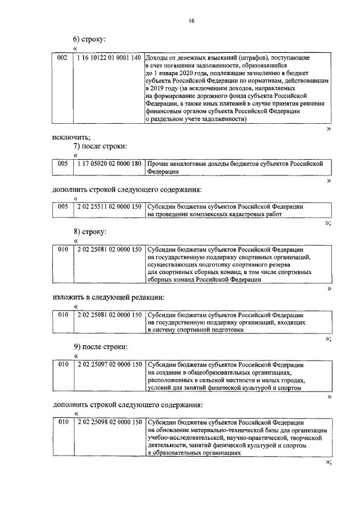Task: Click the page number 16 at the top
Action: point(191,21)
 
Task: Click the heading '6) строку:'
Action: point(89,39)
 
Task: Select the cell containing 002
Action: point(63,58)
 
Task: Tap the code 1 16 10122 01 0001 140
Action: point(109,58)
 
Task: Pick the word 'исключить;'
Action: point(71,137)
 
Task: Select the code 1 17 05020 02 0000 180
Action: point(109,163)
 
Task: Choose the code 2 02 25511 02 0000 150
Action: point(109,206)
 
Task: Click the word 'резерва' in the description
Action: point(275,264)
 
